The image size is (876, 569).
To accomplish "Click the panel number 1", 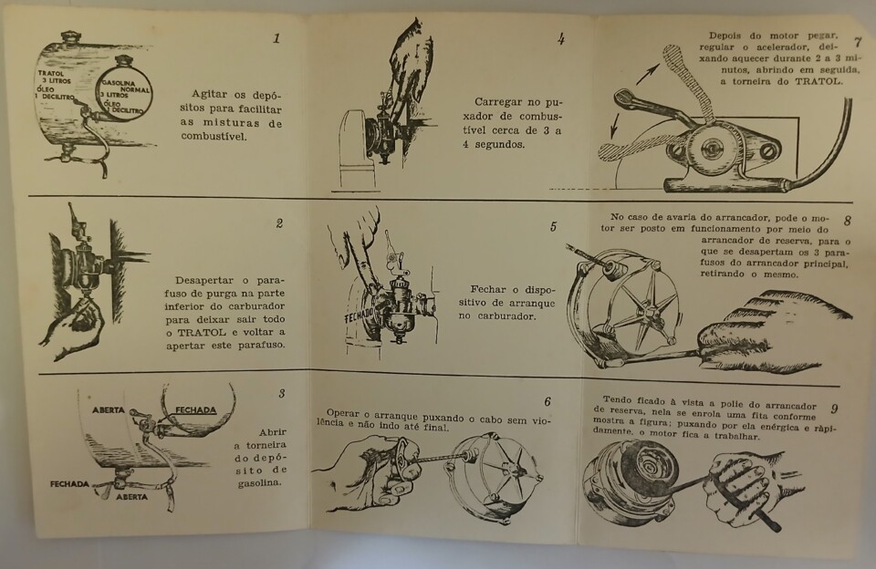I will pos(277,38).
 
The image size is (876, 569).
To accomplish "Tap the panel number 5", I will pos(553,227).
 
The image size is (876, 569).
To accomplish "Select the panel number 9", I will pos(834,409).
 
